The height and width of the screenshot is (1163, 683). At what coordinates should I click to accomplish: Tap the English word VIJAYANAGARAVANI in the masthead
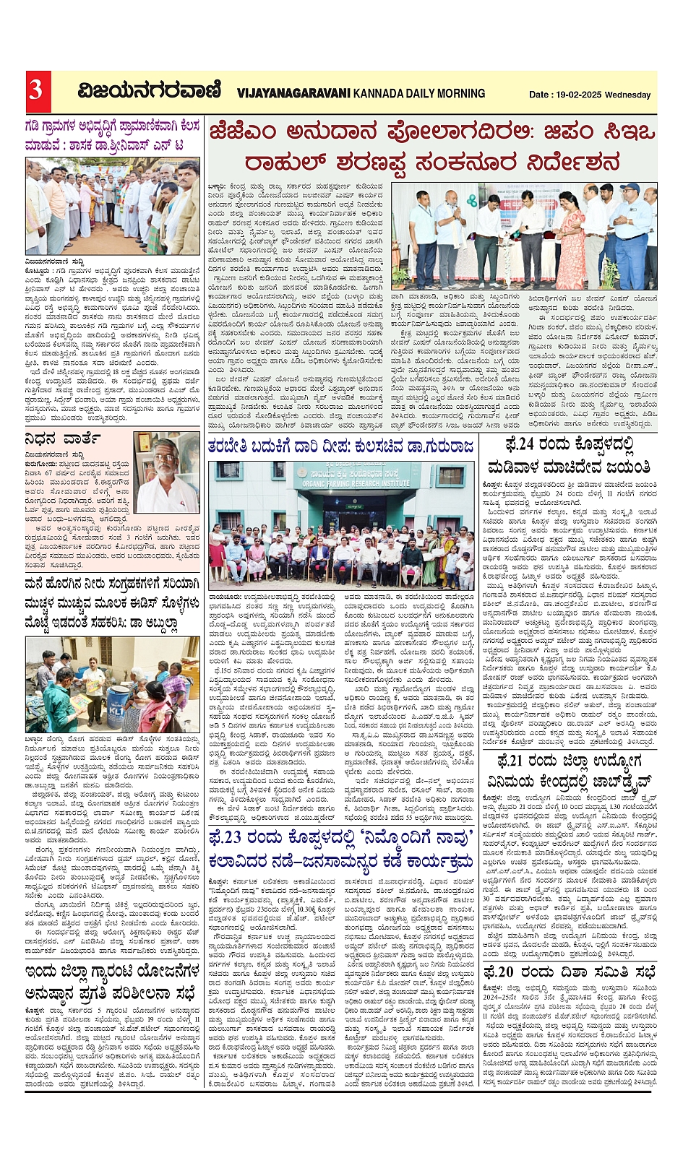[293, 93]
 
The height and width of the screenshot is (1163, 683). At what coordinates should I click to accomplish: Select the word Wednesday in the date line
[628, 95]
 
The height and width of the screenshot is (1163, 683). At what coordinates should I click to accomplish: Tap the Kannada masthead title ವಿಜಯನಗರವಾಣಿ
[149, 91]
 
